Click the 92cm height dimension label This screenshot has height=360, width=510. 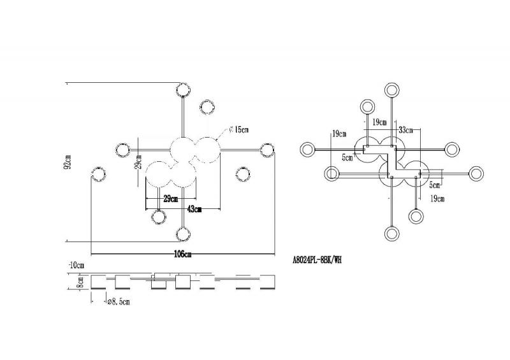pyautogui.click(x=68, y=162)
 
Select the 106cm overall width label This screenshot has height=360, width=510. pyautogui.click(x=183, y=254)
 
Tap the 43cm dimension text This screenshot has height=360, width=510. pyautogui.click(x=194, y=209)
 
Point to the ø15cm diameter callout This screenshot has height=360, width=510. pyautogui.click(x=238, y=130)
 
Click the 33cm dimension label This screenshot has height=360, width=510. pyautogui.click(x=405, y=131)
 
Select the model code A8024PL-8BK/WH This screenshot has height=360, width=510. pyautogui.click(x=317, y=260)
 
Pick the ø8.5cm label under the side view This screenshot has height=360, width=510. pyautogui.click(x=119, y=302)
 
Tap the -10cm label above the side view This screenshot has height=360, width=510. pyautogui.click(x=76, y=265)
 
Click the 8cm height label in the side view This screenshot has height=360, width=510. pyautogui.click(x=80, y=282)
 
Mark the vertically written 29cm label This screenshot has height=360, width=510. pyautogui.click(x=138, y=162)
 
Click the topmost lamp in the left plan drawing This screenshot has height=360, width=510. pyautogui.click(x=183, y=90)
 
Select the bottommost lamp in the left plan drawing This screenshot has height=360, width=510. pyautogui.click(x=183, y=234)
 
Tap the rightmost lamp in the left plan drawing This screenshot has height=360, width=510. pyautogui.click(x=267, y=150)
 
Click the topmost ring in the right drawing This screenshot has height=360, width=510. pyautogui.click(x=392, y=90)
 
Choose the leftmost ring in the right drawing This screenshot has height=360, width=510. pyautogui.click(x=307, y=150)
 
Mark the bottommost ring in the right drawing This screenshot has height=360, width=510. pyautogui.click(x=392, y=234)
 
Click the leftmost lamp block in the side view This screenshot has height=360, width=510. pyautogui.click(x=98, y=282)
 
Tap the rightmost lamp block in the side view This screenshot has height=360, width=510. pyautogui.click(x=267, y=282)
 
